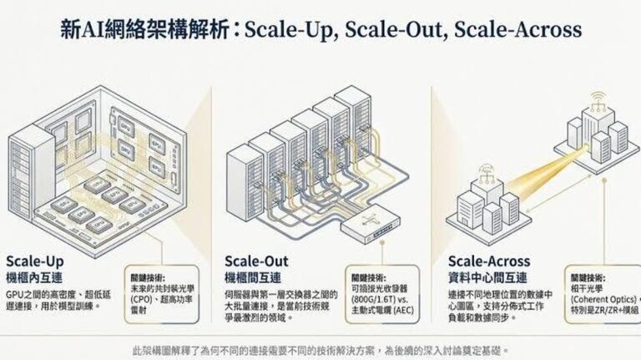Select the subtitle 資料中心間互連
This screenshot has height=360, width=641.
tap(489, 276)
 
